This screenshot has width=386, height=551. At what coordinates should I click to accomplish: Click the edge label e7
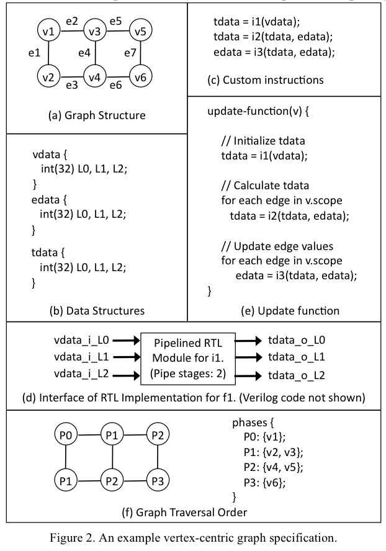pos(129,54)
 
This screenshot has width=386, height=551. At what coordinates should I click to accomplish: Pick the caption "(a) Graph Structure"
pos(97,115)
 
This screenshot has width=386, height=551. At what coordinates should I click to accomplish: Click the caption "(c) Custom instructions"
pos(266,80)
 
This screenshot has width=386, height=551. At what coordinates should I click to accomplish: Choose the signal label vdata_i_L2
pos(79,375)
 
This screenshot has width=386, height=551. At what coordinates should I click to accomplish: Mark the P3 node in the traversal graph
pos(158,480)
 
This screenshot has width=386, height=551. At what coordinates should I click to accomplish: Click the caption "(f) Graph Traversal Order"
pos(192,513)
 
